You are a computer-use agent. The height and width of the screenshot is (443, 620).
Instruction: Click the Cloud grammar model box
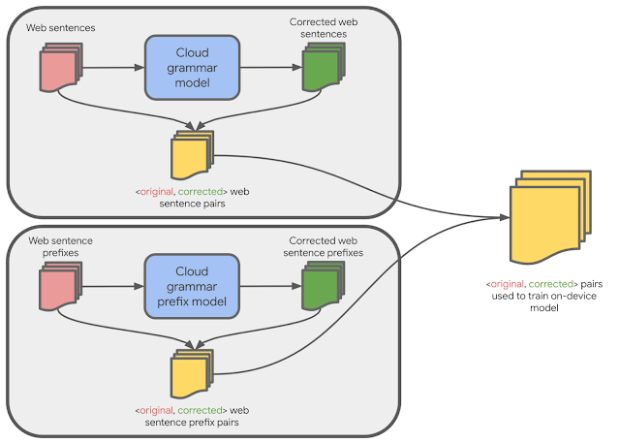191,68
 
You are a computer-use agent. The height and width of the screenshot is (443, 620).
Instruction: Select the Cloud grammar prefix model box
191,286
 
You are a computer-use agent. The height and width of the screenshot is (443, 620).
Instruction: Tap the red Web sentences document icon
57,69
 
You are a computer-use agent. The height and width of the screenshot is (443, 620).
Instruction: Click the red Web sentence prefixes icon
57,288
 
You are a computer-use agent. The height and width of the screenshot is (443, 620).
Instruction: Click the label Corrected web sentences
319,28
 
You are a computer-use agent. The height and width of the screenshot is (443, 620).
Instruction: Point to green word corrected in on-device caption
545,283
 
